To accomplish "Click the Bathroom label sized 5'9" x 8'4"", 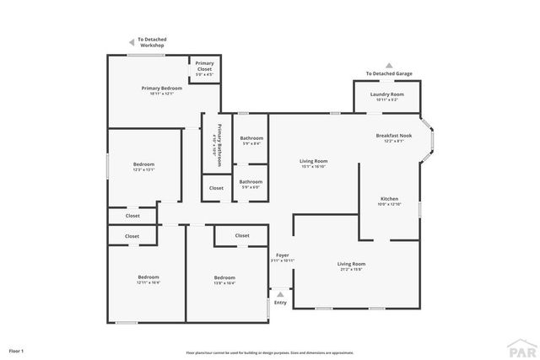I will pos(251,139).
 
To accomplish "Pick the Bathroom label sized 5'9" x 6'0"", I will pos(251,182).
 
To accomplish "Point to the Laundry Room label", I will pos(385,95).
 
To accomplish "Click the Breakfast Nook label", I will pos(394,137).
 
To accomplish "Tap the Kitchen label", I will pos(388,200).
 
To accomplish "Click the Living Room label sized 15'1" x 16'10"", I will pos(313,162).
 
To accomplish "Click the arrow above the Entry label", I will pos(280,294).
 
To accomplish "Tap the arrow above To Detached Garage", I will pos(389,64).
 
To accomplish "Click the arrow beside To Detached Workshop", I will pos(131,41).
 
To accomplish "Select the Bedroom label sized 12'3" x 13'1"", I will pos(143,165).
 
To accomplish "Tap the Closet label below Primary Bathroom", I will pos(217,188).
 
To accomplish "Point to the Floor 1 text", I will pos(16,350).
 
